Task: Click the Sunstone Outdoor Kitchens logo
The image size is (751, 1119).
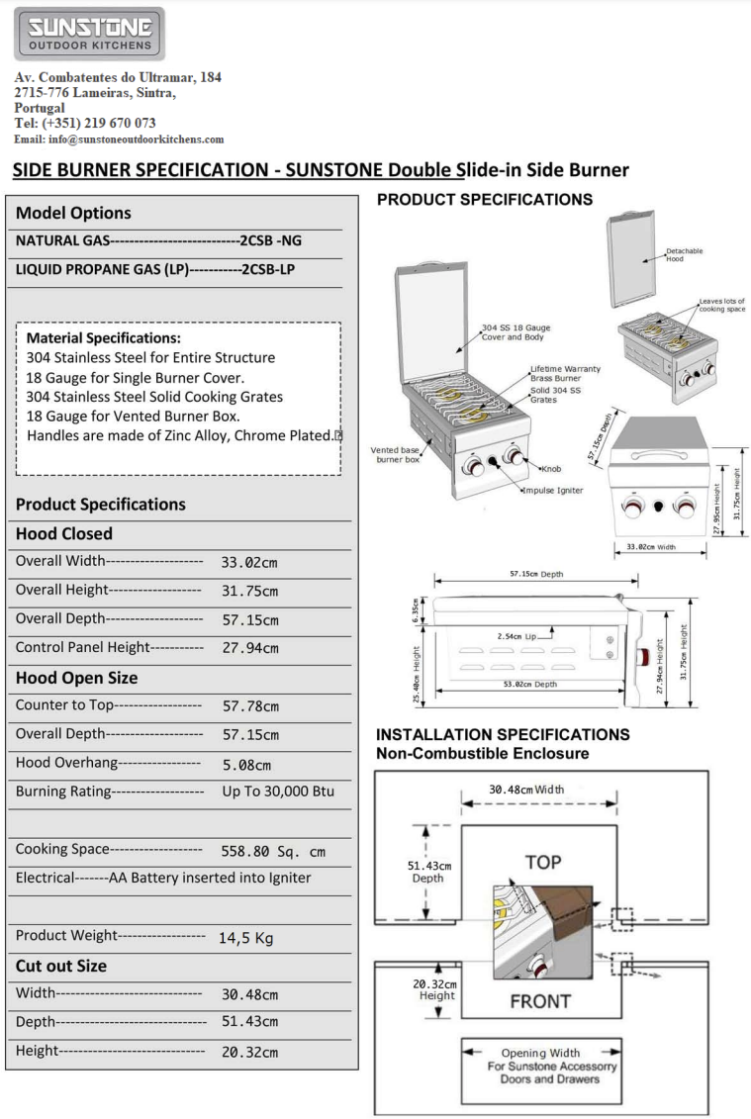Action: click(x=89, y=34)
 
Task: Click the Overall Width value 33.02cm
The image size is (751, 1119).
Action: click(x=249, y=563)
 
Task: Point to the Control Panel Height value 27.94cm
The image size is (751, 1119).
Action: click(x=249, y=649)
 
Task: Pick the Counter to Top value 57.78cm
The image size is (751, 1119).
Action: click(x=249, y=706)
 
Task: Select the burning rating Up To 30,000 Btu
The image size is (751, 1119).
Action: click(x=278, y=792)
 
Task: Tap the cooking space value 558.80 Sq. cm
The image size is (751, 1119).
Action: click(x=272, y=850)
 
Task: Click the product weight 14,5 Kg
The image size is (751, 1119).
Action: click(x=245, y=938)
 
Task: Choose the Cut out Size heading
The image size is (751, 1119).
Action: click(x=61, y=966)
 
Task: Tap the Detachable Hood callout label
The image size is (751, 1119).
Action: click(x=685, y=254)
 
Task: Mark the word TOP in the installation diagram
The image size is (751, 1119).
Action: click(x=544, y=862)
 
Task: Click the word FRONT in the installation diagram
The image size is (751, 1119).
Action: click(x=540, y=1000)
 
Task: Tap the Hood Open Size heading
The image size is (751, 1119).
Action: click(x=77, y=678)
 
